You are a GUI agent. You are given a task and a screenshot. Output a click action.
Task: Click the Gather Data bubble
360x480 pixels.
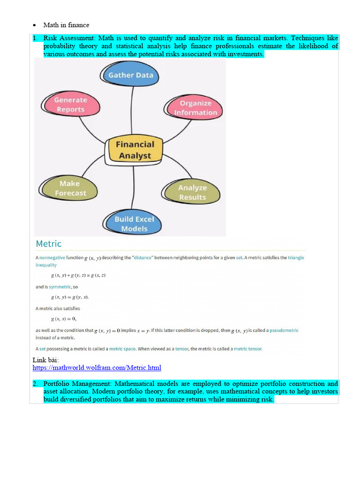[130, 75]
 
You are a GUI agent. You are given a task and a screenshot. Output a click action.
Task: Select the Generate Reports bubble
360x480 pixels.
[70, 105]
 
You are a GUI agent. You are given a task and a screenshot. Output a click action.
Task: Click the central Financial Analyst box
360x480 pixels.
[135, 150]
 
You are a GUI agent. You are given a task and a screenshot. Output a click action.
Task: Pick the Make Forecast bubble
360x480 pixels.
[70, 188]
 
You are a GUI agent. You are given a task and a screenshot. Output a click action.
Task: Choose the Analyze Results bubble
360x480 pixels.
[192, 192]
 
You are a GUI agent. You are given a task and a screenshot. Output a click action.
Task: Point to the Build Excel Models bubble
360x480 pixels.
[134, 224]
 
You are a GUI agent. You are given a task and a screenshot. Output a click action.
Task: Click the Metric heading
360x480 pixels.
[49, 244]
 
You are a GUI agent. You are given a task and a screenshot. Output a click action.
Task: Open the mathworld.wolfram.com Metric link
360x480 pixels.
[97, 368]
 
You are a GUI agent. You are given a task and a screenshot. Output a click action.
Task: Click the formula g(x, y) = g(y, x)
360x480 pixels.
[70, 297]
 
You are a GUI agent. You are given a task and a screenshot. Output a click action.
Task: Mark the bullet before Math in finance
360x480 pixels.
[35, 25]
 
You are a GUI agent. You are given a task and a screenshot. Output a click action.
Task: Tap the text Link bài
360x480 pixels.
[45, 360]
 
